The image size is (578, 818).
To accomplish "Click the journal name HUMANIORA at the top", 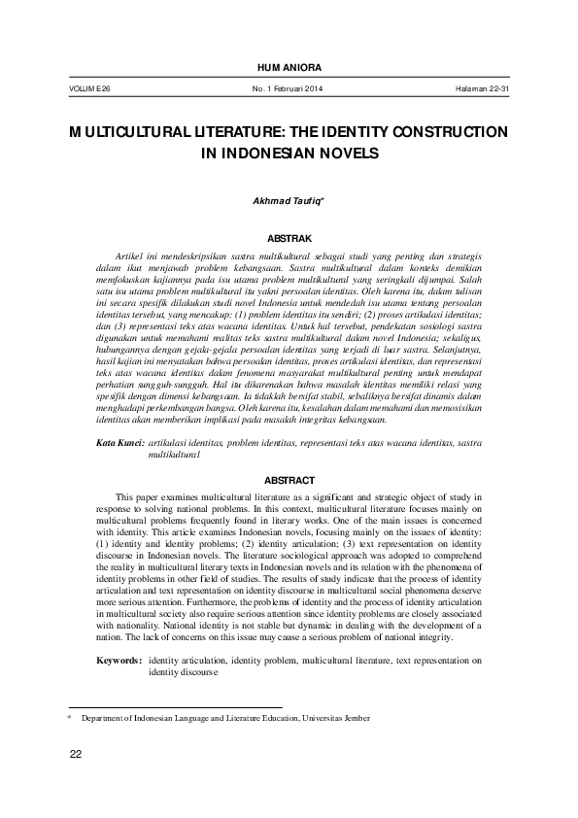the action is tap(289, 66).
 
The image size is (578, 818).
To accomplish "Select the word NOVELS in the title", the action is tap(344, 153).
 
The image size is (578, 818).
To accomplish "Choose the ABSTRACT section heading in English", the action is tap(289, 480).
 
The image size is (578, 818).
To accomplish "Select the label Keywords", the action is tap(120, 661).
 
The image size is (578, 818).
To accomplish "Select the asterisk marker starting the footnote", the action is tap(68, 717).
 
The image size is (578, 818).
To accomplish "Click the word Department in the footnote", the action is tap(104, 718).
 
